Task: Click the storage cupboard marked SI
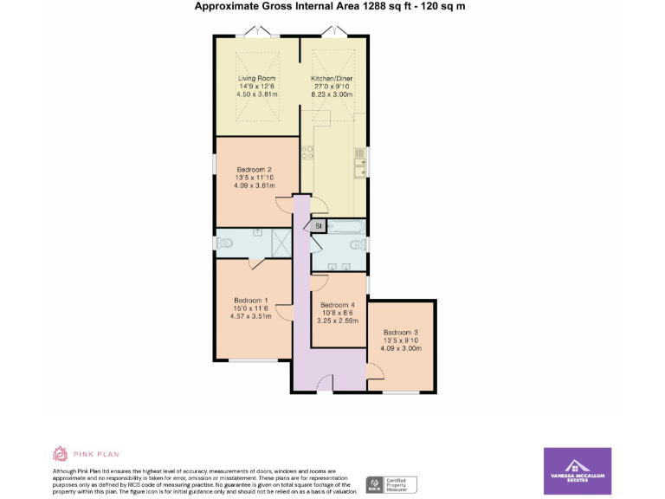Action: tap(319, 226)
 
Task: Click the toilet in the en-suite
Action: tap(226, 244)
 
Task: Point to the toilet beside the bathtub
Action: tap(355, 245)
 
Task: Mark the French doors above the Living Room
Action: tap(257, 32)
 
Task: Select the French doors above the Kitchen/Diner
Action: tap(332, 32)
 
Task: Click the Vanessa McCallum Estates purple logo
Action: tap(577, 470)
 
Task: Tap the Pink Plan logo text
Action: tap(95, 453)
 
